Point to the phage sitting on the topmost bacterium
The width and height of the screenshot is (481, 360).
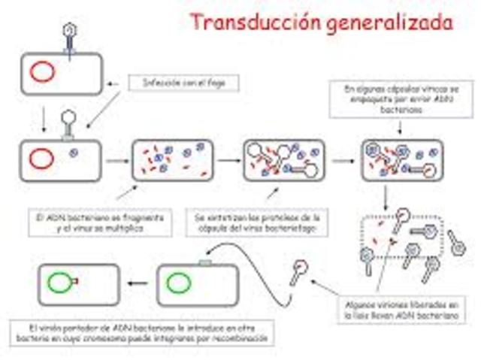[x=68, y=36]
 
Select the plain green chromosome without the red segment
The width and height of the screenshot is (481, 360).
[x=178, y=283]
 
